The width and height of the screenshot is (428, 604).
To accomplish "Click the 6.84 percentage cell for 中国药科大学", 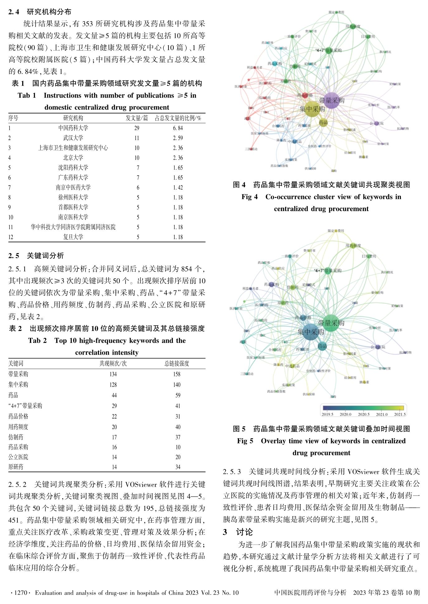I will click(x=178, y=128).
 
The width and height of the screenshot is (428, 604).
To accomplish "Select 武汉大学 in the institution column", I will click(x=73, y=138).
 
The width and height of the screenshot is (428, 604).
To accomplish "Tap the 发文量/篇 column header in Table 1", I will click(x=137, y=118).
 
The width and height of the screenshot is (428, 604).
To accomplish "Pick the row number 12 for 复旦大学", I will click(x=11, y=237).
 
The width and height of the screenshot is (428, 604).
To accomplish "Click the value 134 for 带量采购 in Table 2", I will click(x=113, y=374).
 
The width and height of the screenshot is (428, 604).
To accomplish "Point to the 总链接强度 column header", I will click(x=177, y=363).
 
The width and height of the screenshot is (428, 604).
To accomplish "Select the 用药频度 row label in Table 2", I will click(x=18, y=427).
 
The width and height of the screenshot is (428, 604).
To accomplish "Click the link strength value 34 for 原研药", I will click(x=178, y=467).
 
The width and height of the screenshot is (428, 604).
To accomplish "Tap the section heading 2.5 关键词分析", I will click(x=36, y=256).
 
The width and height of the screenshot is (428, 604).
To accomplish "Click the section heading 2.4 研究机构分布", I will click(x=40, y=12).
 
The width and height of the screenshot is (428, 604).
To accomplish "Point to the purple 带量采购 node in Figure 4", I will click(x=332, y=100).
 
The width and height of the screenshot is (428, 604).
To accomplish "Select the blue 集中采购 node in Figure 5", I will click(x=310, y=331).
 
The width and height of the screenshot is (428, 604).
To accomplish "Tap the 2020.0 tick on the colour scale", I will click(x=346, y=414).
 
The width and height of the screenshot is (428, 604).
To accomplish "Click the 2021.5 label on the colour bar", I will click(x=400, y=414).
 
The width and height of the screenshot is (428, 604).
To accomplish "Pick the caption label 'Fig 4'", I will click(x=249, y=197).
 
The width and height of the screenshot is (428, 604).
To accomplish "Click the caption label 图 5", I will click(x=239, y=429).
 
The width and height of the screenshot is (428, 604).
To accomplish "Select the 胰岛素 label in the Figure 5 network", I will click(x=364, y=382).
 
